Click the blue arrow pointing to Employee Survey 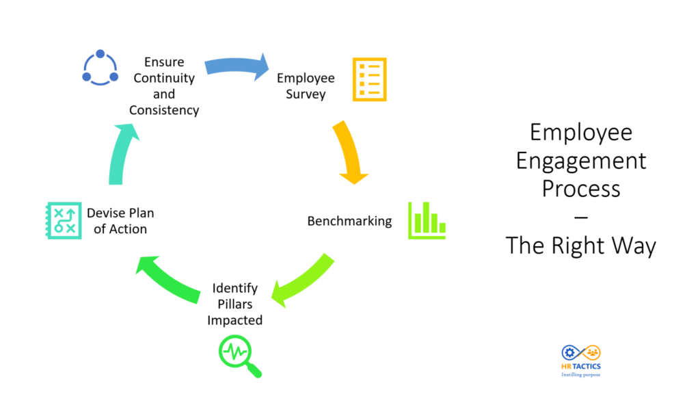236,66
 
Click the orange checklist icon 369,80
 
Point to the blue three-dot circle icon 100,68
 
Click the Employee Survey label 306,86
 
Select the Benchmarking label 349,221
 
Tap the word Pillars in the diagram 235,304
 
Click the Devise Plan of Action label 120,221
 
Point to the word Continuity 164,77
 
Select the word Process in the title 580,188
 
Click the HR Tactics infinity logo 580,352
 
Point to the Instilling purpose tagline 580,374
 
